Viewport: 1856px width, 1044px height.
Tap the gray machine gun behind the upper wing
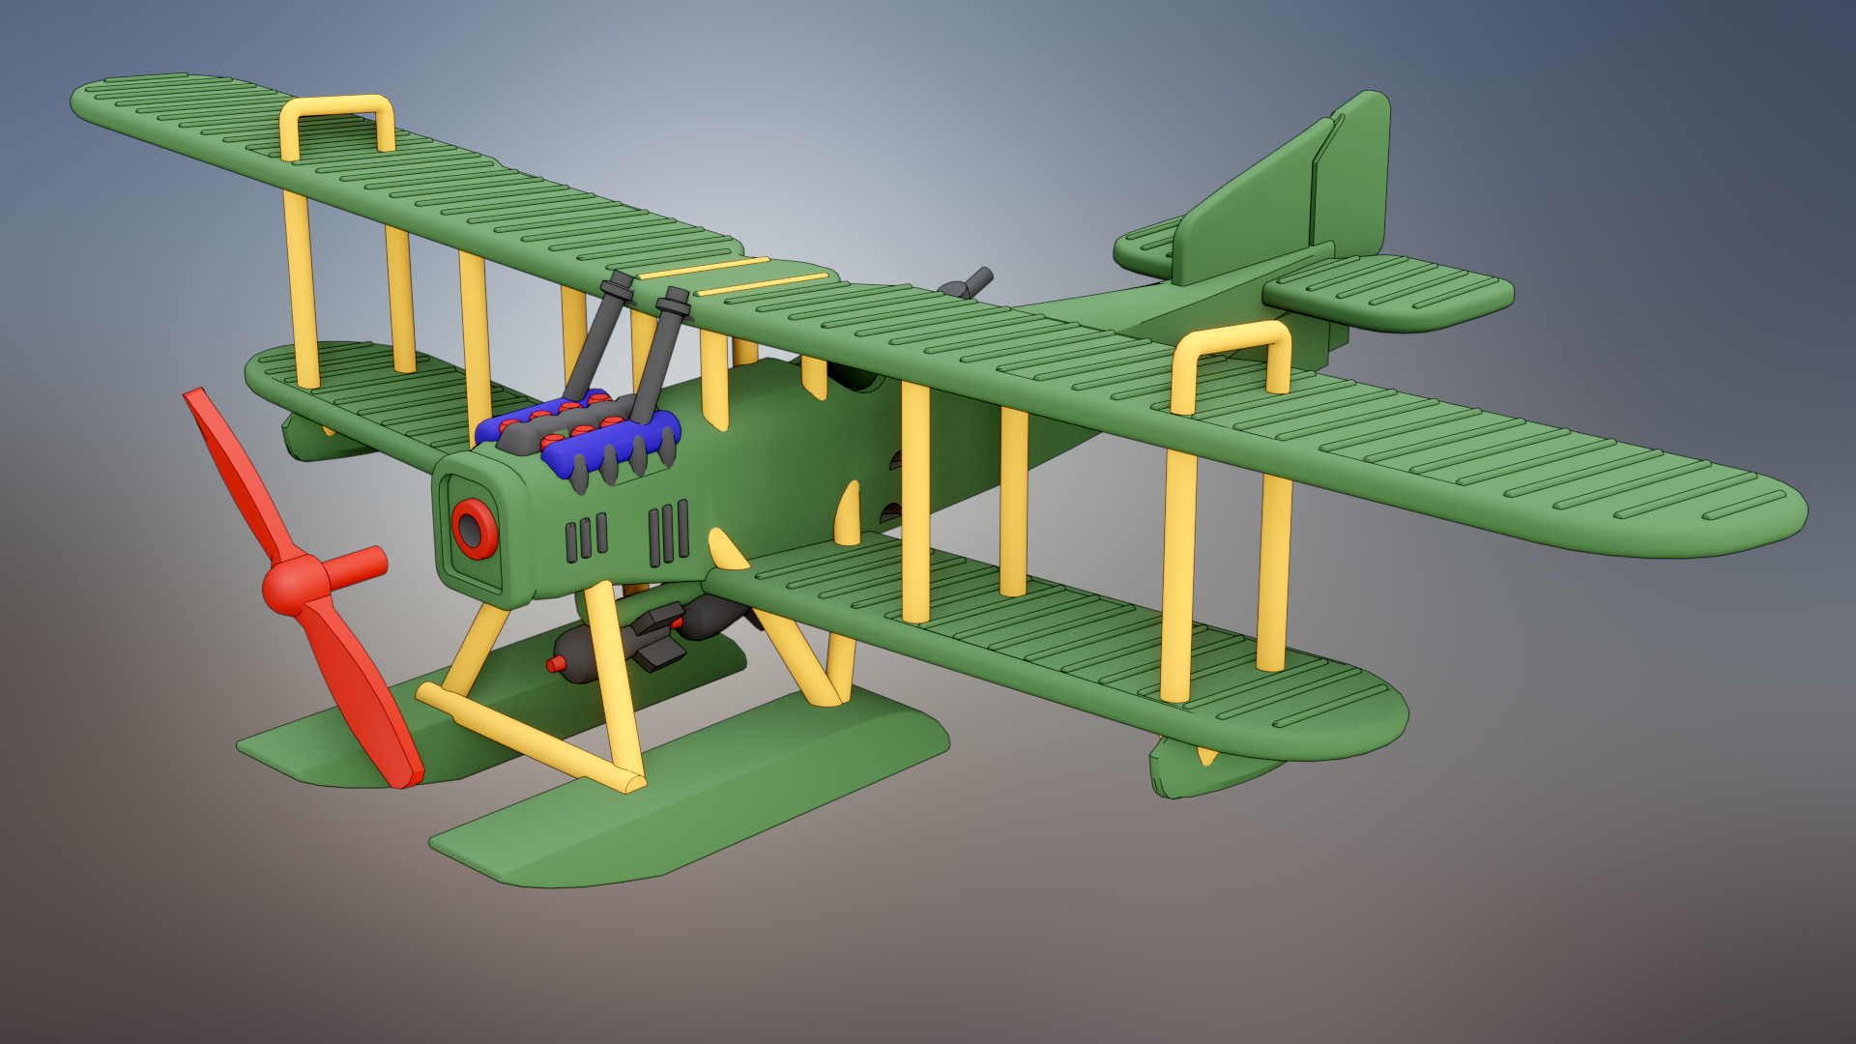(967, 285)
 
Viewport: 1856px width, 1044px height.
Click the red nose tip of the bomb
(555, 664)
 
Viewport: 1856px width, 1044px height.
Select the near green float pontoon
(677, 802)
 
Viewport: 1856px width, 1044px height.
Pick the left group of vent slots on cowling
(586, 538)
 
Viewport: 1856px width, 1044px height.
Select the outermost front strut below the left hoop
(301, 290)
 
